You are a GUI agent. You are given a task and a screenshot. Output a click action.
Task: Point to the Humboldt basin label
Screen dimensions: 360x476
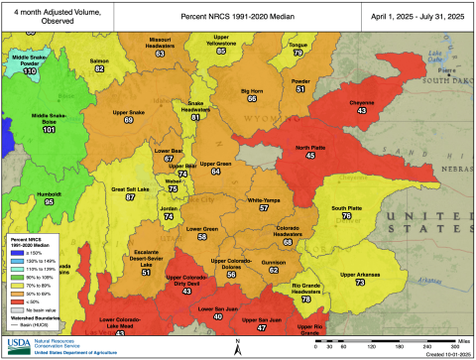(42, 193)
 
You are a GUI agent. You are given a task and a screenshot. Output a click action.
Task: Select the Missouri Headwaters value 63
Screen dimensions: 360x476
(160, 53)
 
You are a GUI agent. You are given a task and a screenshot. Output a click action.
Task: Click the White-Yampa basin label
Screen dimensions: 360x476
(264, 199)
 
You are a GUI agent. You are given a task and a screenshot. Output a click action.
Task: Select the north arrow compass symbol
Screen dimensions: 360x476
(238, 343)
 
